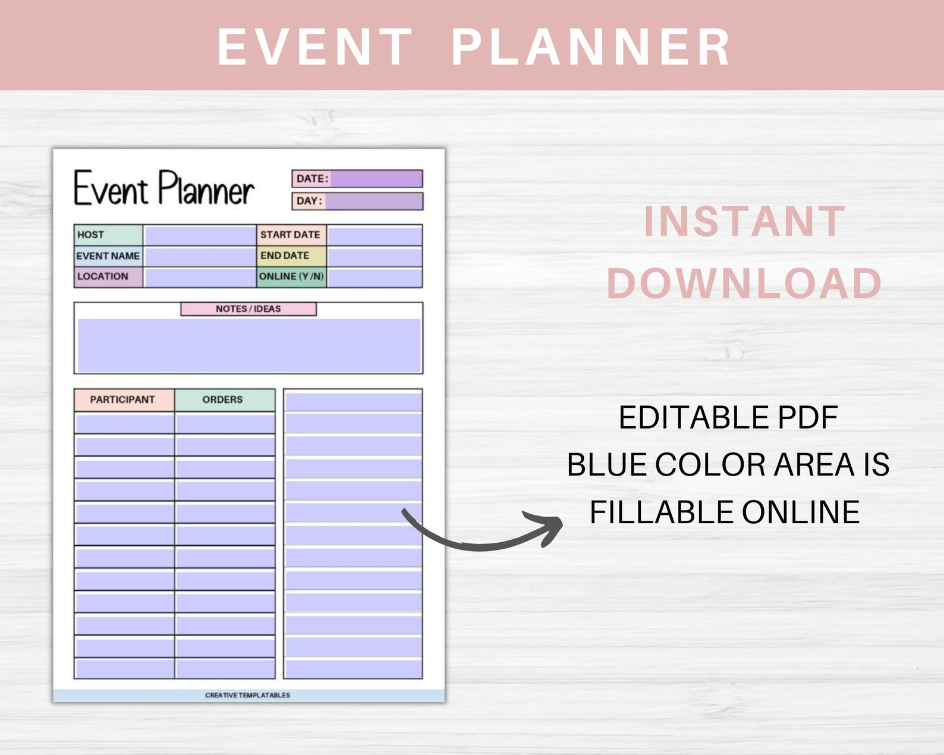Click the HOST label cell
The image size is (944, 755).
tap(108, 235)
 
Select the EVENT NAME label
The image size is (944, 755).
tap(108, 256)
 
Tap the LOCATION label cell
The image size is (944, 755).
tap(108, 276)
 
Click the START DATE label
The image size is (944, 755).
tap(291, 235)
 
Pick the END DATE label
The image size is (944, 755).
tap(291, 256)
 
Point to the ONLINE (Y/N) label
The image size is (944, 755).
tap(291, 276)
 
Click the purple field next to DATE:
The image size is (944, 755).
tap(376, 178)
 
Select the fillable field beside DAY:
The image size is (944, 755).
tap(374, 201)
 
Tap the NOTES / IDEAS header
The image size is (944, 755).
tap(248, 309)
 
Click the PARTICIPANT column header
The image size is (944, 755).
tap(123, 399)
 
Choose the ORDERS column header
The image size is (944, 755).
tap(224, 399)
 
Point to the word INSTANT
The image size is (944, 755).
tap(744, 221)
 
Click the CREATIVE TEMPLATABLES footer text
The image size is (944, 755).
tap(248, 695)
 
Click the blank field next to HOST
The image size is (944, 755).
tap(200, 235)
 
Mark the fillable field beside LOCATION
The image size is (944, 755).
tap(200, 277)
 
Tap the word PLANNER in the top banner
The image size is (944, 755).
tap(591, 47)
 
